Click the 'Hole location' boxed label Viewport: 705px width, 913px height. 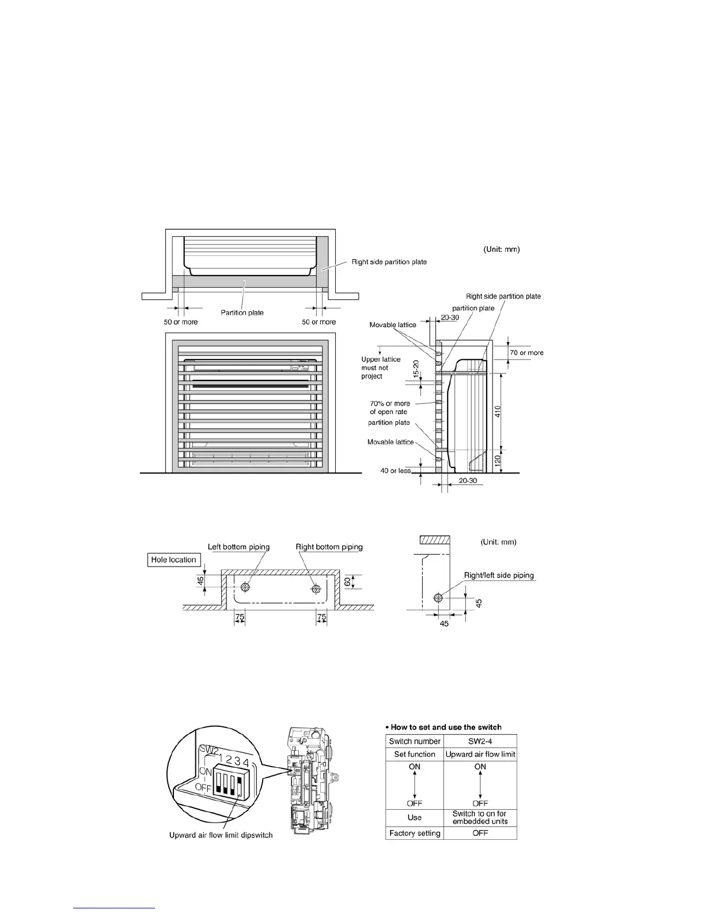pos(173,560)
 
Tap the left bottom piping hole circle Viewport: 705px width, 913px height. pos(246,587)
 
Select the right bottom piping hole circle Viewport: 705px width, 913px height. pos(316,588)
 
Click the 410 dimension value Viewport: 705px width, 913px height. pos(498,412)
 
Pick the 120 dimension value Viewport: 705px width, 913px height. pos(498,461)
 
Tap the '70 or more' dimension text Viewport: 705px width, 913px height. pos(526,353)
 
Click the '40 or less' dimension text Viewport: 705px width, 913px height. pos(396,471)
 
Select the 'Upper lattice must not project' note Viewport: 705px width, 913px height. pos(381,368)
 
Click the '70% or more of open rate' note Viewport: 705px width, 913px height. pos(389,408)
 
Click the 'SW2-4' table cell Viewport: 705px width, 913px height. pos(480,741)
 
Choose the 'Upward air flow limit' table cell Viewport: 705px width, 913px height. pos(480,754)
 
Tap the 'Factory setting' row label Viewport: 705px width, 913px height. pos(415,833)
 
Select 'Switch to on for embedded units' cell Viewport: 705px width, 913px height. pos(480,817)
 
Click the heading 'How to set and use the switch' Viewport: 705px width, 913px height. pos(444,727)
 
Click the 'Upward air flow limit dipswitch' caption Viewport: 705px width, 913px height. pos(221,835)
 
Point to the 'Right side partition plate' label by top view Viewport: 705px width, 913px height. pos(389,262)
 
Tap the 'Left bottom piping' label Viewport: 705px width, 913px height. pos(238,547)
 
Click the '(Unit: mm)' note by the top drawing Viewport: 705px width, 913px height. pos(501,250)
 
